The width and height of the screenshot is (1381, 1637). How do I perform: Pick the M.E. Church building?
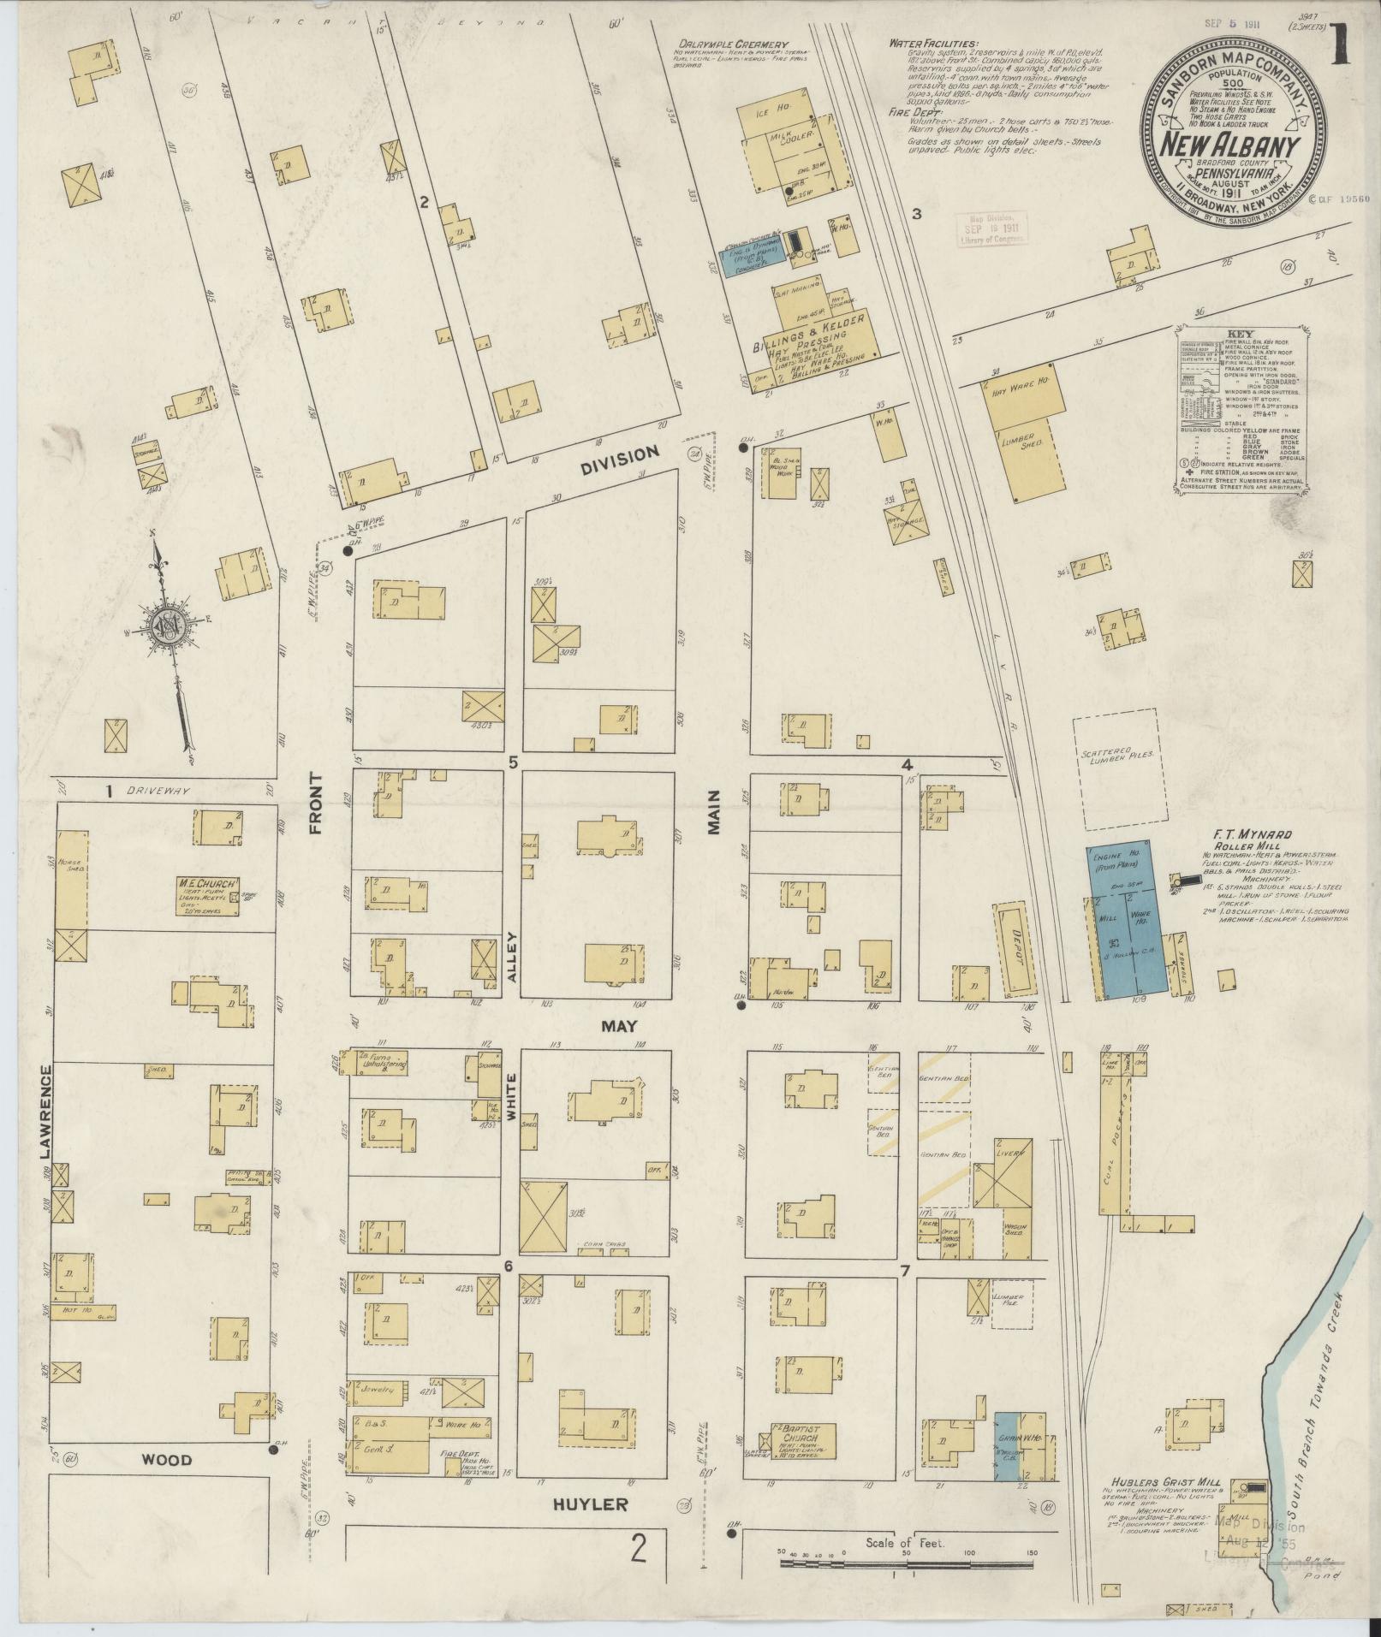coord(208,895)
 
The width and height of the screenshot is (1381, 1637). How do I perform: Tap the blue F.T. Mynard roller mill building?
coord(1128,920)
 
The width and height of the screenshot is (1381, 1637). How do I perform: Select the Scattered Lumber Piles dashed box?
coord(1116,768)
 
